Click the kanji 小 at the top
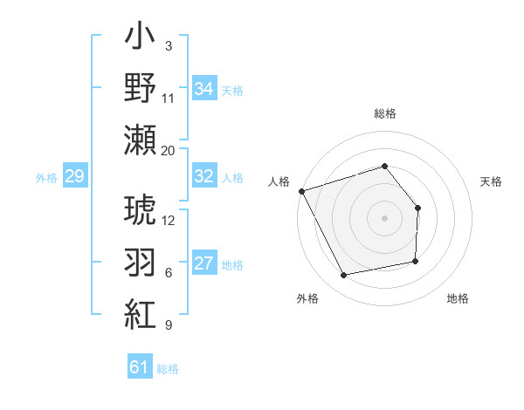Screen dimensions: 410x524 [140, 41]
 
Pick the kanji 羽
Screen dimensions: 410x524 [140, 261]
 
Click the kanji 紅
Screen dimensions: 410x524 [140, 311]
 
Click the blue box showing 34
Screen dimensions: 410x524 [203, 88]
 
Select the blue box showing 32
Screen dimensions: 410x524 [203, 175]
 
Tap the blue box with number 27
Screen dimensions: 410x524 [203, 263]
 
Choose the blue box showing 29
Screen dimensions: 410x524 [74, 177]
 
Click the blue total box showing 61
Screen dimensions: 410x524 [139, 367]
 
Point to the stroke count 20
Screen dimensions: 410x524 [169, 150]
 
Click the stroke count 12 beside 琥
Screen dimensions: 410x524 [169, 220]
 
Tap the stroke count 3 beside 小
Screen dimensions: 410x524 [168, 45]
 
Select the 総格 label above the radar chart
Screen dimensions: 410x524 [385, 113]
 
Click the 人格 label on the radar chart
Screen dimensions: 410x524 [279, 181]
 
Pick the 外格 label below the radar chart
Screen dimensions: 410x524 [307, 298]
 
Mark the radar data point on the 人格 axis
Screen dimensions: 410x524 [301, 191]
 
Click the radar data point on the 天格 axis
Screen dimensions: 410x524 [418, 208]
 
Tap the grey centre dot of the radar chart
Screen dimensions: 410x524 [385, 218]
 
